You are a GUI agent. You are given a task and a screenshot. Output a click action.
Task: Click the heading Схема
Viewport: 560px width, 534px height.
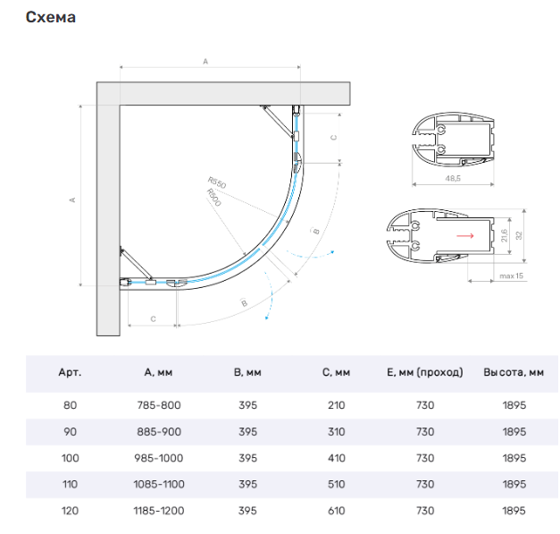[x=51, y=17]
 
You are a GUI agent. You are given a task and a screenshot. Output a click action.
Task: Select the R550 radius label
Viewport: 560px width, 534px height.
[x=217, y=182]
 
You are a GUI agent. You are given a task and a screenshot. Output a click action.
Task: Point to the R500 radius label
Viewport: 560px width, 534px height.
[x=213, y=197]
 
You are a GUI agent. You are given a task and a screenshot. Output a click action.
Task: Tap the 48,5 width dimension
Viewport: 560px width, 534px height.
[x=453, y=178]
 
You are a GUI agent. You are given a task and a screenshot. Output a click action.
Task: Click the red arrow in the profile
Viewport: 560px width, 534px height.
[x=465, y=235]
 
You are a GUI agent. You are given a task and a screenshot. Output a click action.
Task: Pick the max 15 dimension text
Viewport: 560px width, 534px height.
[x=511, y=275]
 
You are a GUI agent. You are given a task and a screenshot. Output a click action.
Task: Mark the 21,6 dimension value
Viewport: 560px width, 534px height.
[x=504, y=235]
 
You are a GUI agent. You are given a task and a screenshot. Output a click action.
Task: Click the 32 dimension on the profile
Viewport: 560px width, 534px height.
[x=519, y=235]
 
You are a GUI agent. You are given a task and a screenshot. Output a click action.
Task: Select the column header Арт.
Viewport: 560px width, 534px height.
[x=70, y=372]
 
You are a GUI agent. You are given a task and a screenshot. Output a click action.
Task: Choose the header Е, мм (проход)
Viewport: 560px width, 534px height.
[x=425, y=372]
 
